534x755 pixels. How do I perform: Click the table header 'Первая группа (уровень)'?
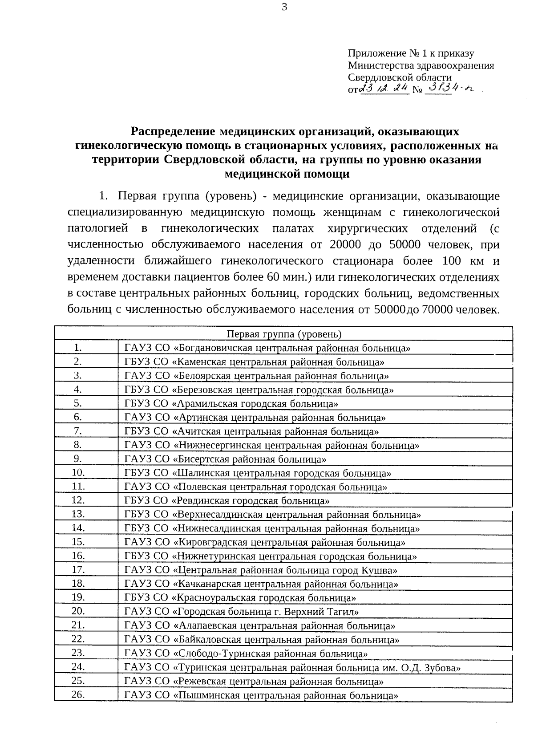coord(284,334)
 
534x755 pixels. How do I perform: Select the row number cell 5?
coord(78,403)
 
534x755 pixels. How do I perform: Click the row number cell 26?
coord(78,694)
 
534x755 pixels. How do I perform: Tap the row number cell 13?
coord(78,514)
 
